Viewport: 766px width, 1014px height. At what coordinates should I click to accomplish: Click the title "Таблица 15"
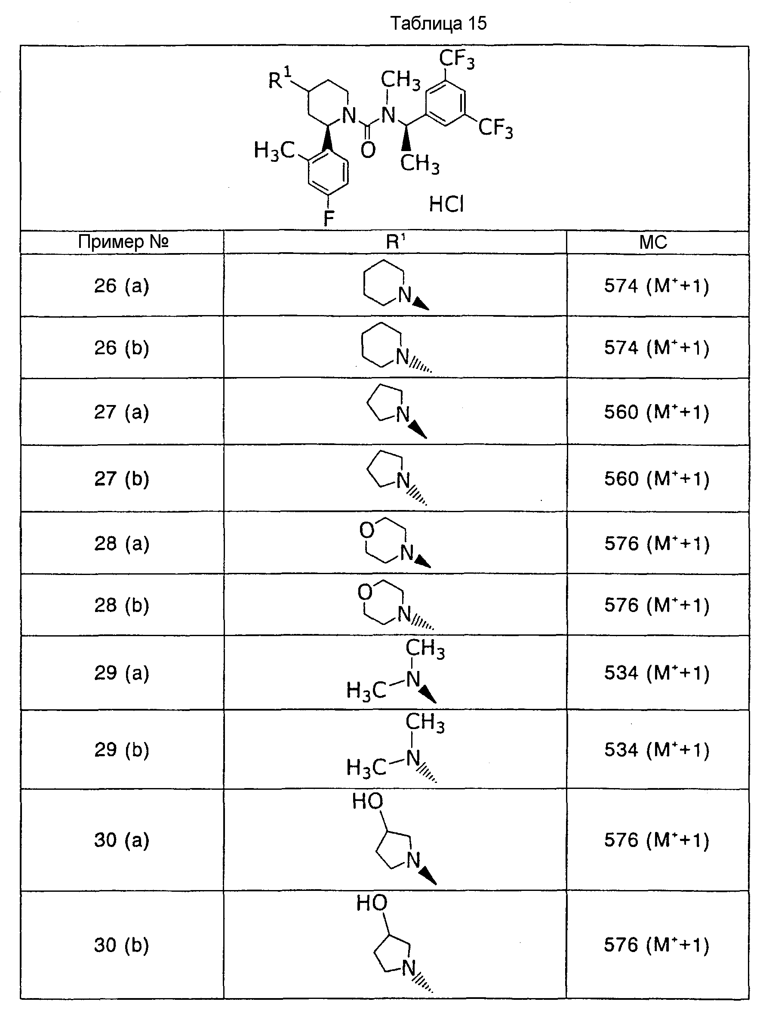pyautogui.click(x=438, y=23)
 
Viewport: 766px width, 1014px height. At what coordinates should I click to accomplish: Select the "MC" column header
pyautogui.click(x=653, y=242)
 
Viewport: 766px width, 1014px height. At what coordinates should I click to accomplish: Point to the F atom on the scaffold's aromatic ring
pyautogui.click(x=329, y=218)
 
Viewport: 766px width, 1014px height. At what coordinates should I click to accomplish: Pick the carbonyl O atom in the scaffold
pyautogui.click(x=368, y=150)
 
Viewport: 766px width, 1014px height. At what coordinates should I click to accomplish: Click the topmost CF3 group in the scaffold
pyautogui.click(x=457, y=59)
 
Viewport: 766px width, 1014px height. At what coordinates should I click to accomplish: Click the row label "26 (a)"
pyautogui.click(x=122, y=286)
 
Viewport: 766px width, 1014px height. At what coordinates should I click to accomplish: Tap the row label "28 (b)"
pyautogui.click(x=122, y=605)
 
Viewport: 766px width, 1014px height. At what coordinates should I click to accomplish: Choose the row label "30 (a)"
pyautogui.click(x=122, y=840)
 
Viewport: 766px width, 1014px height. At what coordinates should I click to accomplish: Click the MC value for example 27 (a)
pyautogui.click(x=656, y=413)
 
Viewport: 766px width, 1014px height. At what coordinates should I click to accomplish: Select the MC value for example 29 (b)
pyautogui.click(x=656, y=750)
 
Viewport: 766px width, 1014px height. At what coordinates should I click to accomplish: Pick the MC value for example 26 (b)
pyautogui.click(x=656, y=348)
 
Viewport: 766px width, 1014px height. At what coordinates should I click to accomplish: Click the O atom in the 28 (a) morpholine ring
pyautogui.click(x=366, y=530)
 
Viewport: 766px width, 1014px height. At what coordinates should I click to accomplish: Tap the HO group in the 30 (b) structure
pyautogui.click(x=372, y=903)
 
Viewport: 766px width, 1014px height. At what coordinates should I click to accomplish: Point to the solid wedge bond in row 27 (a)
pyautogui.click(x=418, y=430)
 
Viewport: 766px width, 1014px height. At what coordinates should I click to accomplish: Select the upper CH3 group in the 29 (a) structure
pyautogui.click(x=425, y=649)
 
